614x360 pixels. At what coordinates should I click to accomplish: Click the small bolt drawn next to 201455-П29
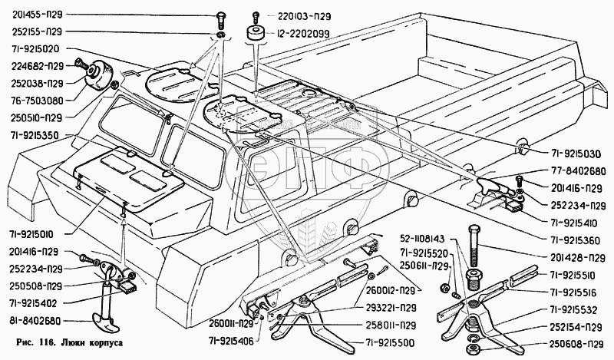pos(221,17)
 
